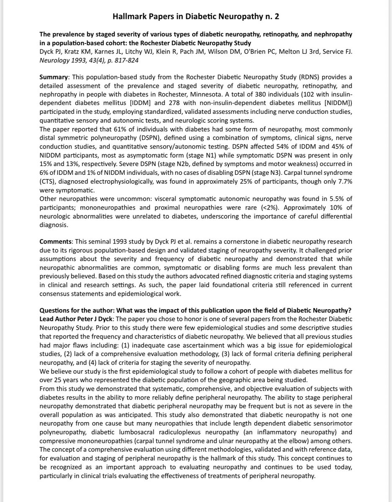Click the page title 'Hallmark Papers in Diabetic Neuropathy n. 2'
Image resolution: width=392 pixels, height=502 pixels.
click(196, 17)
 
